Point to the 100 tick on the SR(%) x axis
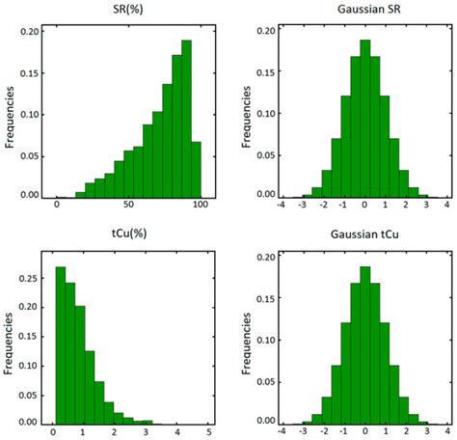tap(201, 206)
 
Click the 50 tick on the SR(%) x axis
tap(128, 206)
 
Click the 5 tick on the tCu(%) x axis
tap(210, 433)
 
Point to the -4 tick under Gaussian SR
tap(281, 206)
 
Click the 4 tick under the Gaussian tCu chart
tap(447, 433)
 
